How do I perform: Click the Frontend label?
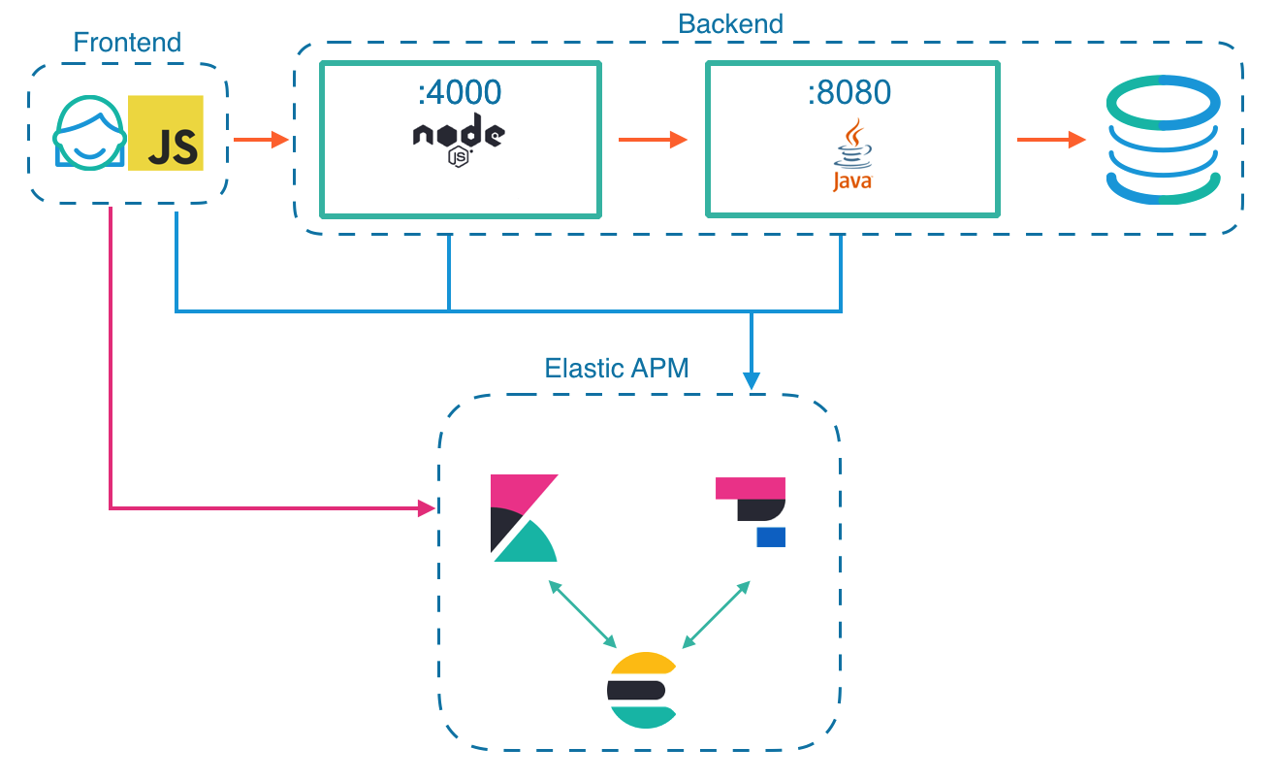click(x=127, y=43)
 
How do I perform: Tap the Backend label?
click(x=730, y=23)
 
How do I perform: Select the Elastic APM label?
click(x=617, y=369)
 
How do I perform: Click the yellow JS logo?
click(x=166, y=132)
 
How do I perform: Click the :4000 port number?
click(x=460, y=92)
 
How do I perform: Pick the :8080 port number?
click(x=849, y=92)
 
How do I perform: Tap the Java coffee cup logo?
click(x=851, y=155)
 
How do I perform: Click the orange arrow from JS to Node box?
click(x=262, y=140)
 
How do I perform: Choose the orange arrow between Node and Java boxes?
click(x=653, y=140)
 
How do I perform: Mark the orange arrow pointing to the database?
click(x=1051, y=140)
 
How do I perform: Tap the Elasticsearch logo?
click(x=641, y=690)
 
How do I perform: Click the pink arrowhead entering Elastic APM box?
click(x=426, y=506)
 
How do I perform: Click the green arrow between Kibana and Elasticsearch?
click(x=583, y=614)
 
